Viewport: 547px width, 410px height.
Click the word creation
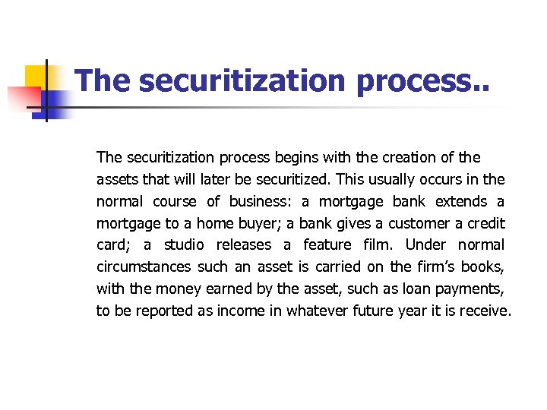click(x=406, y=157)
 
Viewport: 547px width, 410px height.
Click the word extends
click(x=461, y=201)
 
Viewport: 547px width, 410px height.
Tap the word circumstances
click(x=144, y=267)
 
